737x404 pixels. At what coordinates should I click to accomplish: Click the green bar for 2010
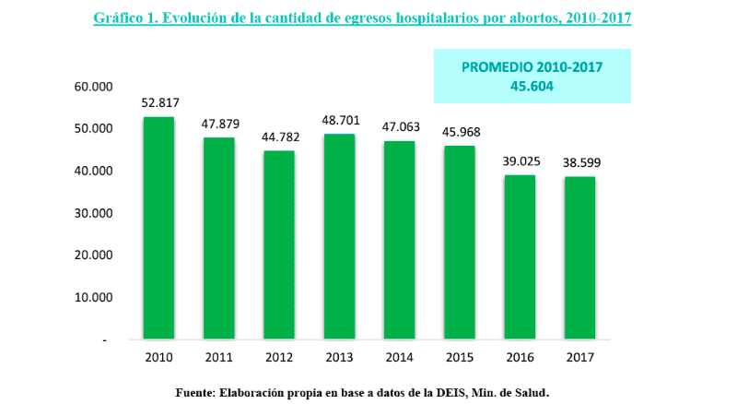tap(158, 228)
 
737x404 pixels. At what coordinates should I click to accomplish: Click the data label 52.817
tap(158, 102)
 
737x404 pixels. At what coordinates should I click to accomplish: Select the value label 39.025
tap(521, 160)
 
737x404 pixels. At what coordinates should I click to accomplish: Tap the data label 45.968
tap(461, 132)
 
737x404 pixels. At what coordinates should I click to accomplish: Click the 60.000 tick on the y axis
tap(92, 87)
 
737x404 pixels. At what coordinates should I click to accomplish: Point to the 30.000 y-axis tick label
tap(92, 213)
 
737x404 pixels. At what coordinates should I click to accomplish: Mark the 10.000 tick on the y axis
tap(92, 298)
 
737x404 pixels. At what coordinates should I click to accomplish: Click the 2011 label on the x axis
tap(219, 357)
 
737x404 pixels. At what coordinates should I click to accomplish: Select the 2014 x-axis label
tap(400, 357)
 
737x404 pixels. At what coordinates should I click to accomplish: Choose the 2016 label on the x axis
tap(521, 357)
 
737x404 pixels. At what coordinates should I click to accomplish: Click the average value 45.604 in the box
tap(532, 86)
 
